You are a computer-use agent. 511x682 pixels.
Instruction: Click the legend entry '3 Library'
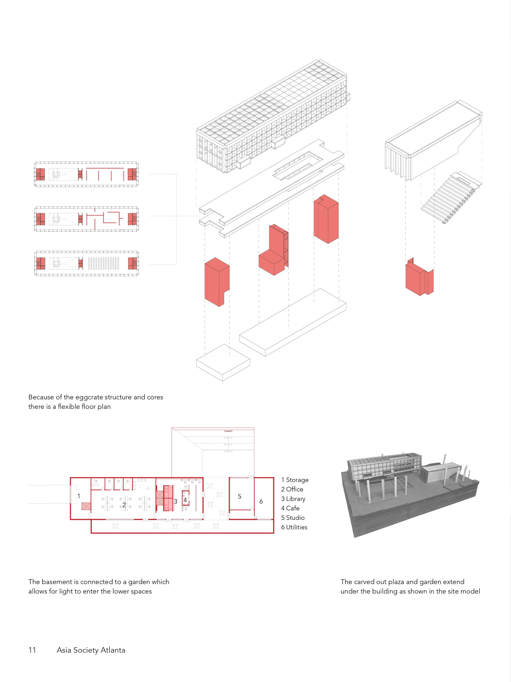pos(293,499)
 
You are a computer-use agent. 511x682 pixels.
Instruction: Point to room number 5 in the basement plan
pos(239,496)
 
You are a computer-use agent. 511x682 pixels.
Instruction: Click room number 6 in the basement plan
pos(261,501)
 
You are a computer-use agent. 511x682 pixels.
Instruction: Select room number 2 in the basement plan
pos(124,505)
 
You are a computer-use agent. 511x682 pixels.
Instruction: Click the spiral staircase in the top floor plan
pos(56,174)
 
